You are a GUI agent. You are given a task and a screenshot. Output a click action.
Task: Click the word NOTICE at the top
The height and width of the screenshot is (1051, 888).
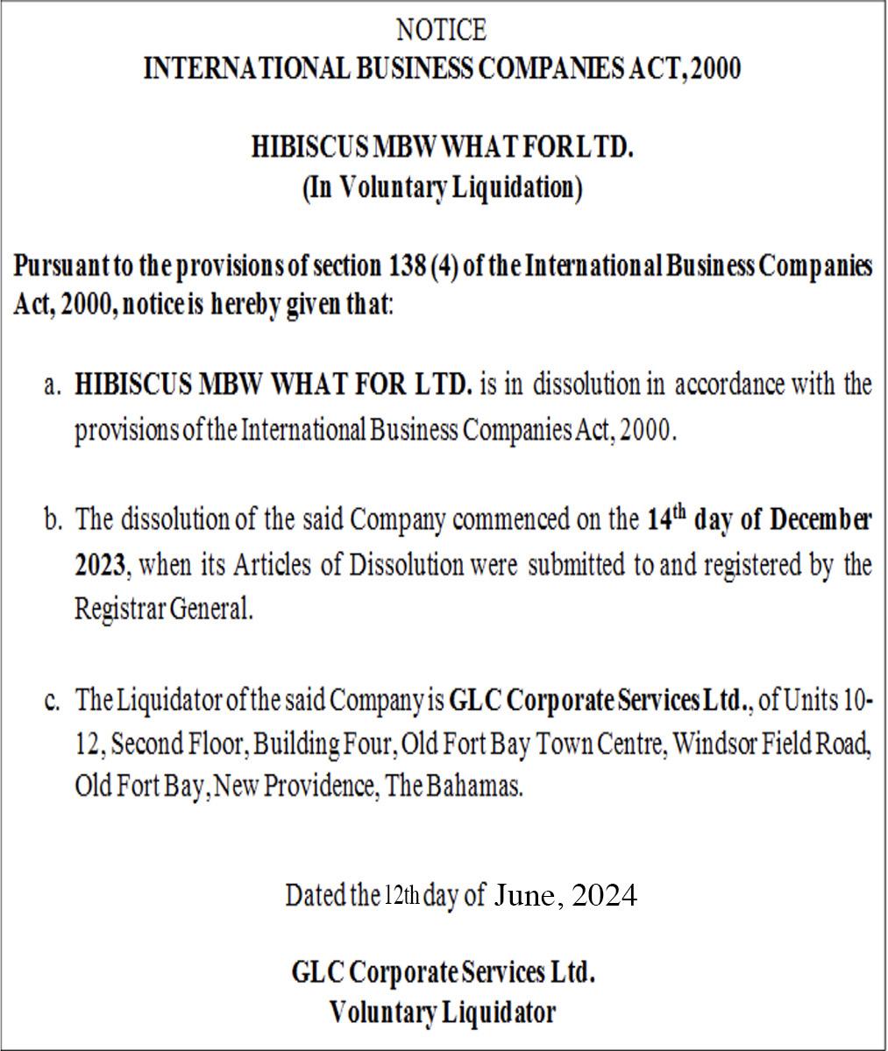441,31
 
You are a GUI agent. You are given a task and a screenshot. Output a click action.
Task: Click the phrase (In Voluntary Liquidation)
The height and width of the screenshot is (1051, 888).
442,188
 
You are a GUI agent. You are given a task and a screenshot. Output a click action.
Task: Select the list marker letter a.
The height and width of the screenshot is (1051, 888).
53,385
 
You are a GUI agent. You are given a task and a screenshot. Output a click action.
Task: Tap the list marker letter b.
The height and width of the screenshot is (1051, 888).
53,520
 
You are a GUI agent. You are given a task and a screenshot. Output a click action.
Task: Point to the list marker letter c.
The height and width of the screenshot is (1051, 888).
53,701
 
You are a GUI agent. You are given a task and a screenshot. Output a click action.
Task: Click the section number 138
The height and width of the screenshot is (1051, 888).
406,265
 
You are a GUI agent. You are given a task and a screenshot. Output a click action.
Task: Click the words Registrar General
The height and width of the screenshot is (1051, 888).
163,610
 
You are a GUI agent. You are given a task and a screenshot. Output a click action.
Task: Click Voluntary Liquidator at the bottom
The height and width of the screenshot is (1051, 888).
442,1012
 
